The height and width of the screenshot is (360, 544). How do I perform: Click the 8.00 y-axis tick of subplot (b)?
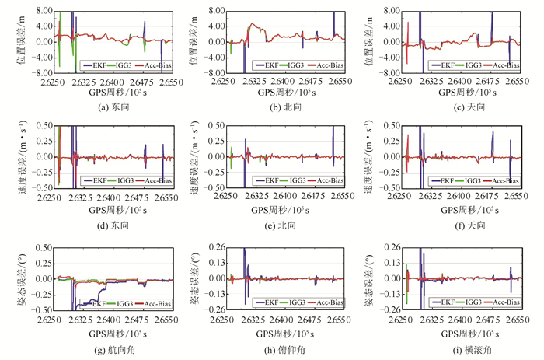214,12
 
